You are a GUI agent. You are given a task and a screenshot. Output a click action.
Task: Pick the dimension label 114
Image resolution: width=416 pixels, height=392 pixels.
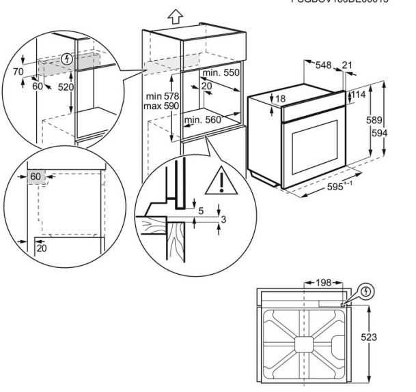click(x=359, y=96)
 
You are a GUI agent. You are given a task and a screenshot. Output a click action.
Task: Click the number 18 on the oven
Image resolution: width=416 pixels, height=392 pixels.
click(x=281, y=99)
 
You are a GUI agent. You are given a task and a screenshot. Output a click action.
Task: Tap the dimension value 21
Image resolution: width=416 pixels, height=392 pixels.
click(x=347, y=65)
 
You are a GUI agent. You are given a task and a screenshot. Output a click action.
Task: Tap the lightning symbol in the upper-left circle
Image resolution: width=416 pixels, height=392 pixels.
click(x=66, y=59)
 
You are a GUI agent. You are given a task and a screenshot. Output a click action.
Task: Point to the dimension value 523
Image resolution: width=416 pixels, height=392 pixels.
click(x=369, y=337)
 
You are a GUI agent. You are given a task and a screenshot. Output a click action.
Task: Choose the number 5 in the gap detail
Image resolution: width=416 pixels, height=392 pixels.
click(x=200, y=211)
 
